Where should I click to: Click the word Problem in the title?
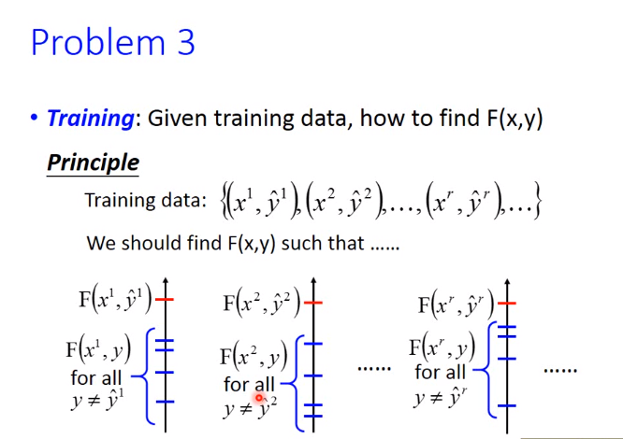[x=97, y=42]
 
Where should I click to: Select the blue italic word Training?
[x=91, y=119]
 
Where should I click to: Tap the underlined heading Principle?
[x=93, y=163]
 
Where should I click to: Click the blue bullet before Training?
[x=35, y=118]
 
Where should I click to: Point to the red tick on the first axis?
[x=165, y=299]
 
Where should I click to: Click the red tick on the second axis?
[x=313, y=303]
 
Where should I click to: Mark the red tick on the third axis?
[x=507, y=304]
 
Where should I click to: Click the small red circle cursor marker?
[x=259, y=397]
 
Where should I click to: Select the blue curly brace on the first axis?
[x=146, y=375]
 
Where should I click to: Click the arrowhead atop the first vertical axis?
[x=166, y=281]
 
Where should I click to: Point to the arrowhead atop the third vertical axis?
[x=507, y=283]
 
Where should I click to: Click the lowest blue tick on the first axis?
[x=165, y=402]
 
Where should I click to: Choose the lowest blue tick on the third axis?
[x=507, y=405]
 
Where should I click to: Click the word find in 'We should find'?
[x=204, y=243]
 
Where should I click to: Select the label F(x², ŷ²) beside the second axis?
[x=262, y=303]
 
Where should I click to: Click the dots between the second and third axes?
[x=374, y=369]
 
